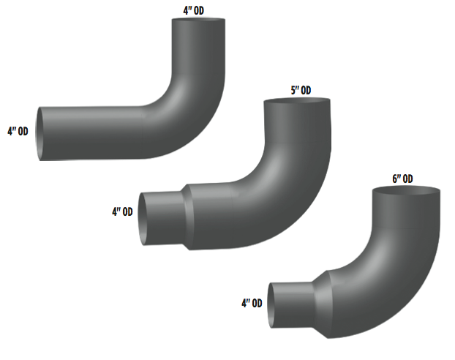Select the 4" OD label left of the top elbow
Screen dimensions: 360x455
(18, 132)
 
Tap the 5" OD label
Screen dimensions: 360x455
(301, 90)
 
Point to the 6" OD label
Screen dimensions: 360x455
(402, 179)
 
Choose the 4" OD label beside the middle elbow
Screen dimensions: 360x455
(122, 212)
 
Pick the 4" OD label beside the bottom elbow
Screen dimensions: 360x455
(252, 303)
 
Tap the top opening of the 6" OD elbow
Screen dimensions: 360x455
(407, 192)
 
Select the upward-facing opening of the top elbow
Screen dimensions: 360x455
(198, 21)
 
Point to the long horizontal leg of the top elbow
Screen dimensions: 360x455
(102, 133)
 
